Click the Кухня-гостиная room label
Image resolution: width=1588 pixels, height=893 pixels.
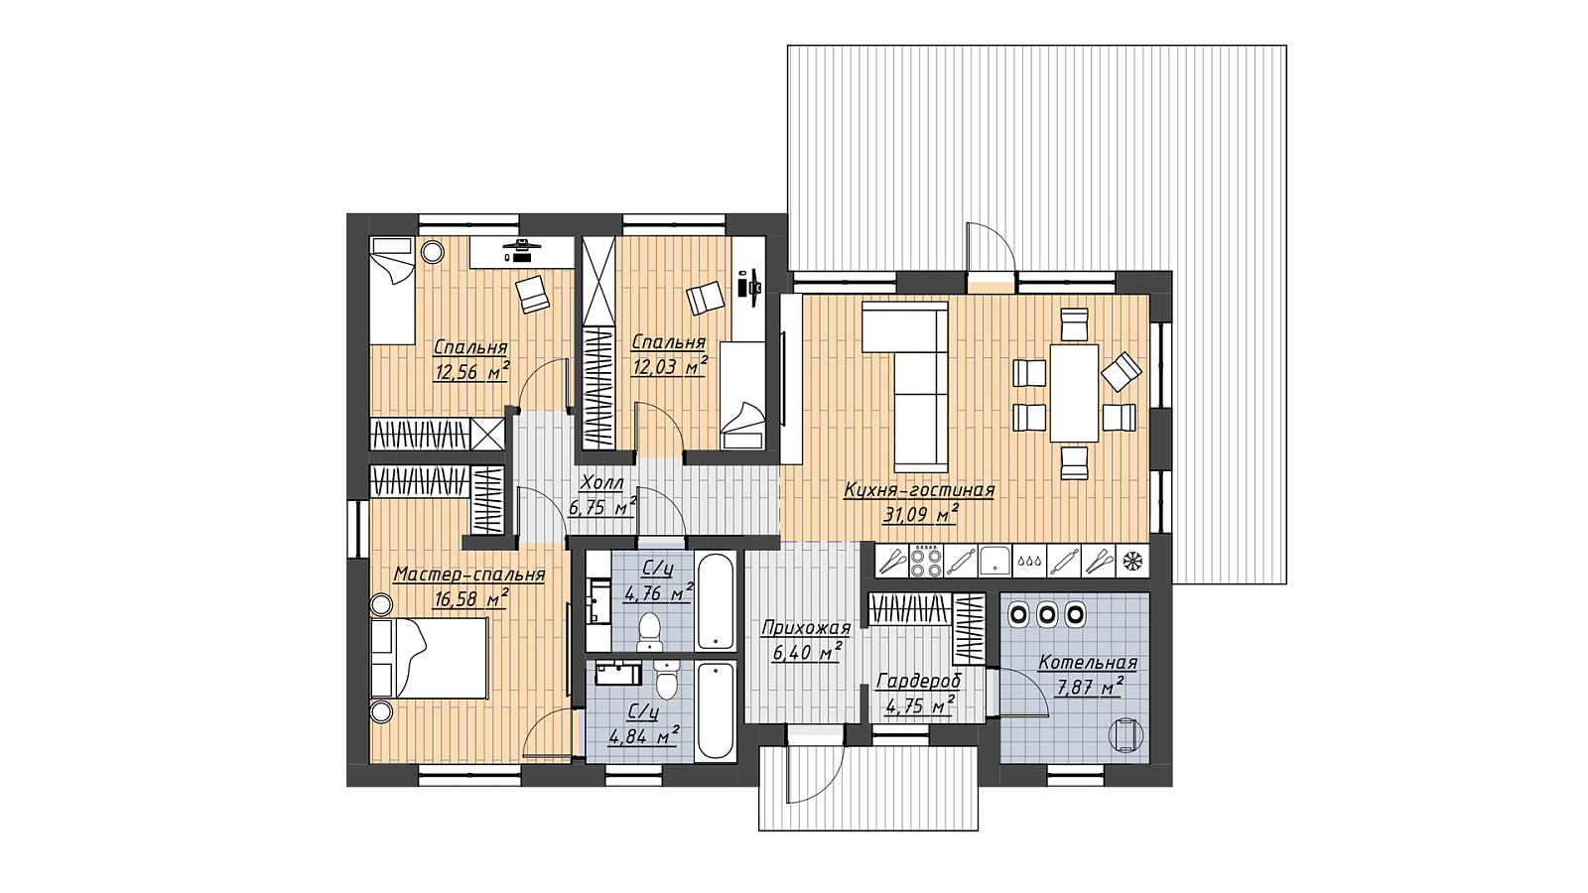919,490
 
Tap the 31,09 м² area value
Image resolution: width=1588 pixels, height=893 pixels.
921,514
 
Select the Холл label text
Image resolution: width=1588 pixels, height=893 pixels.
601,483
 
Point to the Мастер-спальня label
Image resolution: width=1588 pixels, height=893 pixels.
468,574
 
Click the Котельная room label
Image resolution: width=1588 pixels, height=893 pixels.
1088,663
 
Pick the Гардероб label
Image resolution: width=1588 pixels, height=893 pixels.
919,682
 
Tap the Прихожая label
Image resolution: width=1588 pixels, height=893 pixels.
805,628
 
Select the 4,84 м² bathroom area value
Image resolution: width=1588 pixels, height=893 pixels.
644,735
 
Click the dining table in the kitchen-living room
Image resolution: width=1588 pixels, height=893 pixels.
1074,393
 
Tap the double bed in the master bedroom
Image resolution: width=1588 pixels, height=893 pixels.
431,659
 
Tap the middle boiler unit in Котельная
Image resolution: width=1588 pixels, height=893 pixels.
1046,614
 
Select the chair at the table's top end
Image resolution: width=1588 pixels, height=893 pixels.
1074,322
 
